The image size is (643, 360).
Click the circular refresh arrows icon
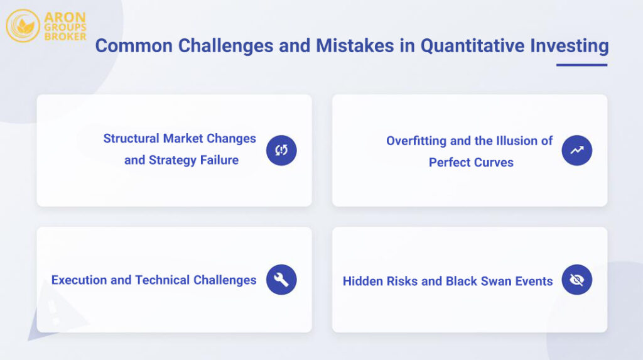point(281,150)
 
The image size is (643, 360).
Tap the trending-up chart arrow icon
point(576,150)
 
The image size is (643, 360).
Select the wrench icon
point(281,280)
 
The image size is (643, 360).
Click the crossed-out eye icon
point(576,280)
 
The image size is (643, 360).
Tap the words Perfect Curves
point(471,162)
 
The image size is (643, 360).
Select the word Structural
point(131,138)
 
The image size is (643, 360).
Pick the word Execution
point(79,280)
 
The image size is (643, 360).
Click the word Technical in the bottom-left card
point(161,280)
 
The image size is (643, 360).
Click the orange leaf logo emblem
point(23,26)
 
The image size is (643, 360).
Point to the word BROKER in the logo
point(65,36)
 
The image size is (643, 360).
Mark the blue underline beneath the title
point(581,65)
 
